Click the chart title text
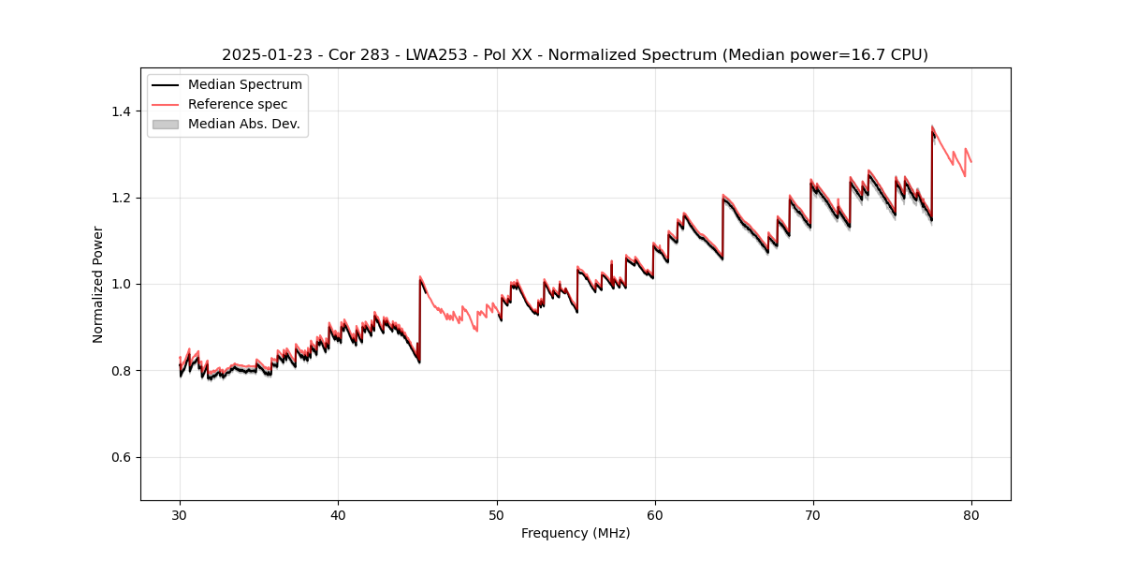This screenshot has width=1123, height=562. tap(575, 55)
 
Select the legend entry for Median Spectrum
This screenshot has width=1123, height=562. tap(245, 85)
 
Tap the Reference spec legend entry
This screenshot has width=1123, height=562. tap(238, 104)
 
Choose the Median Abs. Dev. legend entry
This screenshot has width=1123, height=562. tap(244, 124)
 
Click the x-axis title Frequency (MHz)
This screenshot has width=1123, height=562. tap(576, 534)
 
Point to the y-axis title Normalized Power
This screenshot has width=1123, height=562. tap(98, 284)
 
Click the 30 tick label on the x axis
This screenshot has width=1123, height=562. tap(180, 515)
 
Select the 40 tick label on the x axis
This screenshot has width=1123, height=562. tap(338, 515)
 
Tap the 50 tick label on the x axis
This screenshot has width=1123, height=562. tap(496, 515)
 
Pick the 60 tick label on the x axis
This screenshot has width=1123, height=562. tap(654, 515)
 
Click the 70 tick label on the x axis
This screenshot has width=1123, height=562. tap(812, 515)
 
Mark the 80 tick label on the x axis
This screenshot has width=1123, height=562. tap(970, 515)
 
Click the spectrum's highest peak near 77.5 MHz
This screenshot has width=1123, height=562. tap(932, 126)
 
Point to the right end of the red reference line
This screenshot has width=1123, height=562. tap(970, 162)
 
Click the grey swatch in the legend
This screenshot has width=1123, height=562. tap(165, 124)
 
